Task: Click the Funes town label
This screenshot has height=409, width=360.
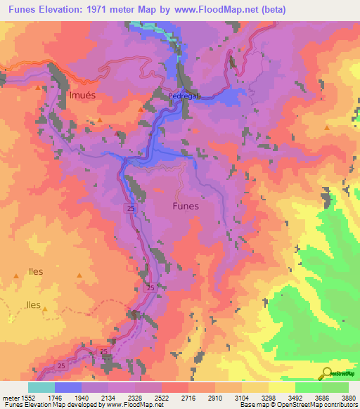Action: tap(186, 207)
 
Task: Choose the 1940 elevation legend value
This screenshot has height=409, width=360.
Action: tap(82, 397)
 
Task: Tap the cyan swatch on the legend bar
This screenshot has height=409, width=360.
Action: tap(41, 387)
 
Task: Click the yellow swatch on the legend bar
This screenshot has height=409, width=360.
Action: tap(282, 387)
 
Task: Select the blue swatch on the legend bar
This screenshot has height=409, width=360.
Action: tap(68, 387)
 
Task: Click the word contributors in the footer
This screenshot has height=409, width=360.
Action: tap(336, 405)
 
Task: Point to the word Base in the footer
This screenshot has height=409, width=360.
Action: tap(247, 405)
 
